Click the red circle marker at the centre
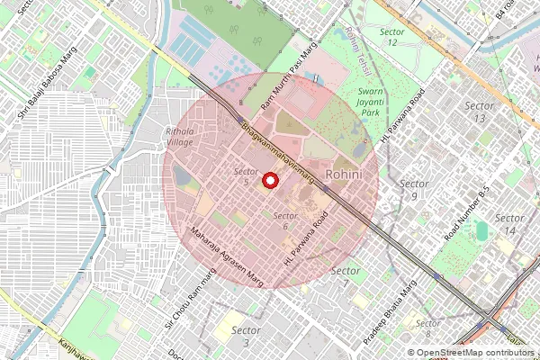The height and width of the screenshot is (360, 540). click(x=269, y=181)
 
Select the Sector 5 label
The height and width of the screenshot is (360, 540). click(x=246, y=176)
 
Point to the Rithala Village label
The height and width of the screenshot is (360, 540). click(x=180, y=137)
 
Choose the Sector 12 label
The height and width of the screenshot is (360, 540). click(x=391, y=37)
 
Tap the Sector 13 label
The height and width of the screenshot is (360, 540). click(x=479, y=112)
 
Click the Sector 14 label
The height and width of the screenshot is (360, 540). click(x=510, y=224)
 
